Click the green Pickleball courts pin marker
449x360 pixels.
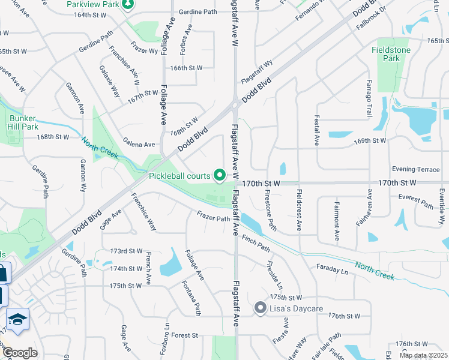[x=220, y=176]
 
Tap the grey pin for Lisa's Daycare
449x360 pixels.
[x=260, y=308]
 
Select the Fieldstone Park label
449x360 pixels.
[x=391, y=54]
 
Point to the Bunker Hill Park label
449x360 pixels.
[x=23, y=122]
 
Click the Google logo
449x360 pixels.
[x=19, y=352]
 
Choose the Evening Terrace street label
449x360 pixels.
[x=415, y=170]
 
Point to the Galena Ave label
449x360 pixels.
[x=139, y=145]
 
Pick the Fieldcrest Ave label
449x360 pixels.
[x=298, y=211]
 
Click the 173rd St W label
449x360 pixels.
[x=126, y=251]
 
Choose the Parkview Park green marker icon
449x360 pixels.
[x=127, y=5]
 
